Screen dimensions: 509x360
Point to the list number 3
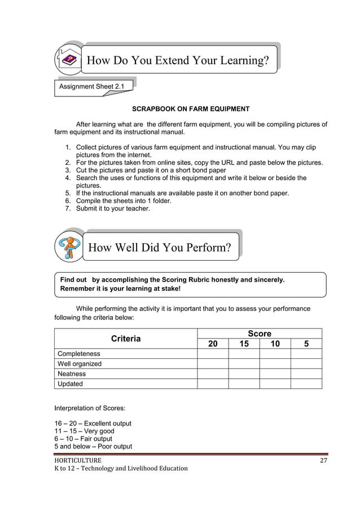click(68, 170)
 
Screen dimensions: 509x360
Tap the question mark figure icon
click(69, 247)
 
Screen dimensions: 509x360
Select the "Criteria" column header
click(125, 339)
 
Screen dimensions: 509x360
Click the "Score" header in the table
click(260, 334)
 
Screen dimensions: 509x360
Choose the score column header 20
click(213, 344)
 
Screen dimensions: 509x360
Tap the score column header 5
click(306, 344)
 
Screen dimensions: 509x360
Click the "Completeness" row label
click(79, 354)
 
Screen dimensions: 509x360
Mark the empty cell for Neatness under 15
click(244, 374)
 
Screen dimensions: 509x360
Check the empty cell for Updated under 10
click(275, 384)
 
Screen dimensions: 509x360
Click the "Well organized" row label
click(80, 364)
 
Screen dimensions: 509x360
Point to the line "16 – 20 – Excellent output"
click(93, 423)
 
